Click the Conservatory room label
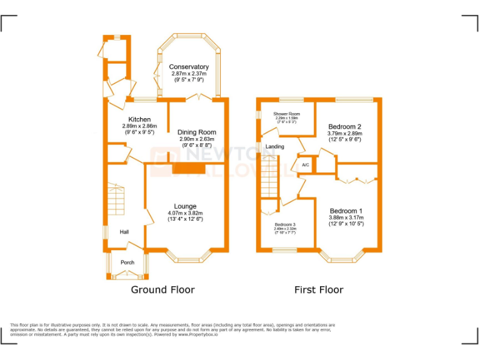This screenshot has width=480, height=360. click(189, 67)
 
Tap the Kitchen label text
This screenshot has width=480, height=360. click(139, 119)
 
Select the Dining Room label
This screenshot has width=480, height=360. click(197, 132)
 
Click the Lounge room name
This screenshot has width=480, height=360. click(185, 206)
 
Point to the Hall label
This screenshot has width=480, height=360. click(124, 232)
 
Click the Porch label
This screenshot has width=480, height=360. click(127, 262)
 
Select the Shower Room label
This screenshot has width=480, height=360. click(286, 114)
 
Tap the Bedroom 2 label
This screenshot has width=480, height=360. click(345, 127)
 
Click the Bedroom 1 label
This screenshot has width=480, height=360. click(346, 211)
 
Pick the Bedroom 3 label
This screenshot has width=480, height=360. click(285, 224)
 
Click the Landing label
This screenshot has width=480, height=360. click(274, 147)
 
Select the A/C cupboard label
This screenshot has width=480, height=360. click(305, 165)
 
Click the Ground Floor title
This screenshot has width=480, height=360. click(162, 290)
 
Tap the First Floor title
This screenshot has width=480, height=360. click(319, 290)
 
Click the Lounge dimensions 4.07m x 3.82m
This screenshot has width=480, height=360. click(185, 213)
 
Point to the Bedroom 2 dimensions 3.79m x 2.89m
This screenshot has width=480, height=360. click(345, 133)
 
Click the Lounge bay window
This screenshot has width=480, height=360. click(189, 256)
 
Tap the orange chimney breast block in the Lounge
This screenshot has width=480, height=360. click(189, 169)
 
